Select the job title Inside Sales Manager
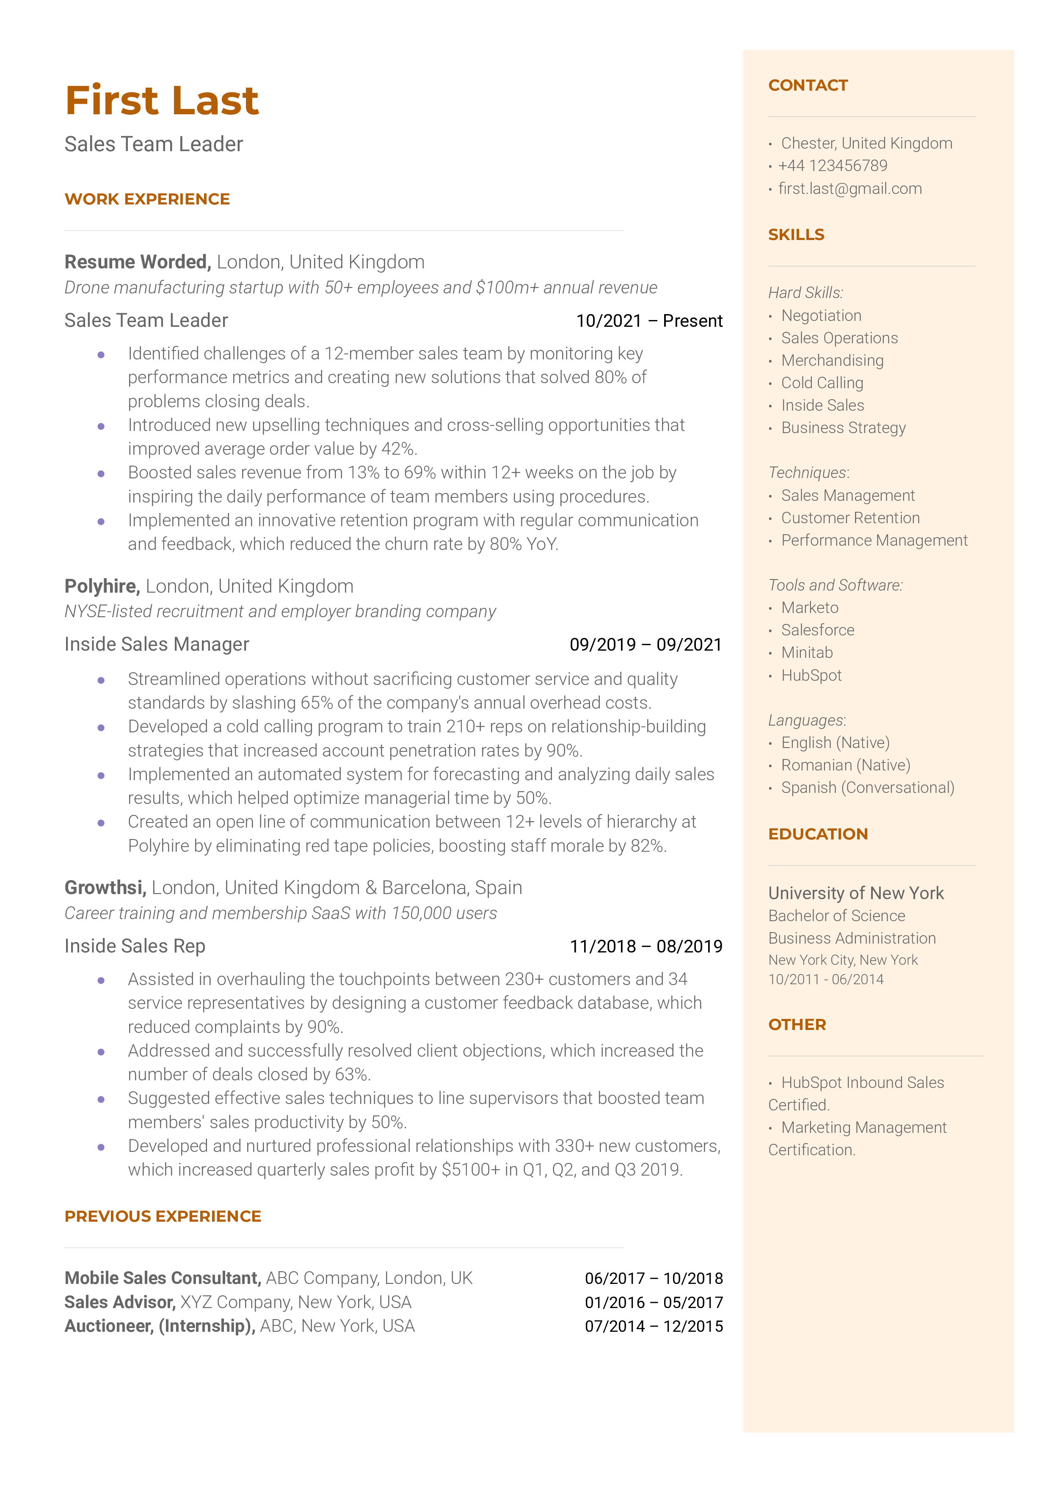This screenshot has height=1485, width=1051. [x=157, y=644]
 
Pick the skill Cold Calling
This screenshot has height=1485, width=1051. [x=822, y=383]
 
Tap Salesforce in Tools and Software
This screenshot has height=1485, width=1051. [x=817, y=630]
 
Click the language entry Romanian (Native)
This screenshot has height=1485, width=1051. [x=845, y=765]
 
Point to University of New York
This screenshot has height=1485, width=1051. [x=855, y=894]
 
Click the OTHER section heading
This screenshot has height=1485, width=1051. [x=797, y=1025]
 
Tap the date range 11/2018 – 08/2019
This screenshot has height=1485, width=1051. [x=645, y=947]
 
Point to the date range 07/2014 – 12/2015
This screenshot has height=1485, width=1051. [x=654, y=1327]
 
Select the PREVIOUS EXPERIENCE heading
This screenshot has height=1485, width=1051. [x=163, y=1217]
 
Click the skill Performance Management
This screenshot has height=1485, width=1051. [x=874, y=541]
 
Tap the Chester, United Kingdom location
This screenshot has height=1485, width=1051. [x=866, y=144]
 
